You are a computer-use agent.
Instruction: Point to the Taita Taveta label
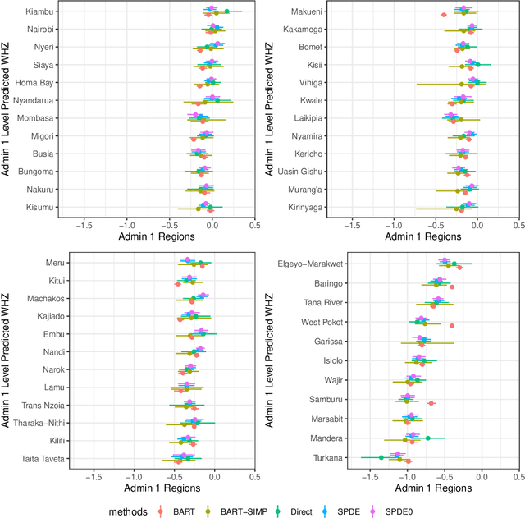[x=34, y=457]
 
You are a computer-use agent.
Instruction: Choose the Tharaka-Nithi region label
[x=33, y=423]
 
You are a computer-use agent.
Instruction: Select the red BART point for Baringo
[x=452, y=287]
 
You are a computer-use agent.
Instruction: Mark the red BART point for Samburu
[x=431, y=403]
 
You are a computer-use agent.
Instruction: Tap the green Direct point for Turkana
[x=381, y=457]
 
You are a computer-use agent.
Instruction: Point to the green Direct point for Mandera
[x=427, y=438]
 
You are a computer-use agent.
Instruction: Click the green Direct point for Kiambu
[x=226, y=11]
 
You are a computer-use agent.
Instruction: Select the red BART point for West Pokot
[x=452, y=325]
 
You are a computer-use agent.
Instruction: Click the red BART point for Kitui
[x=177, y=284]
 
